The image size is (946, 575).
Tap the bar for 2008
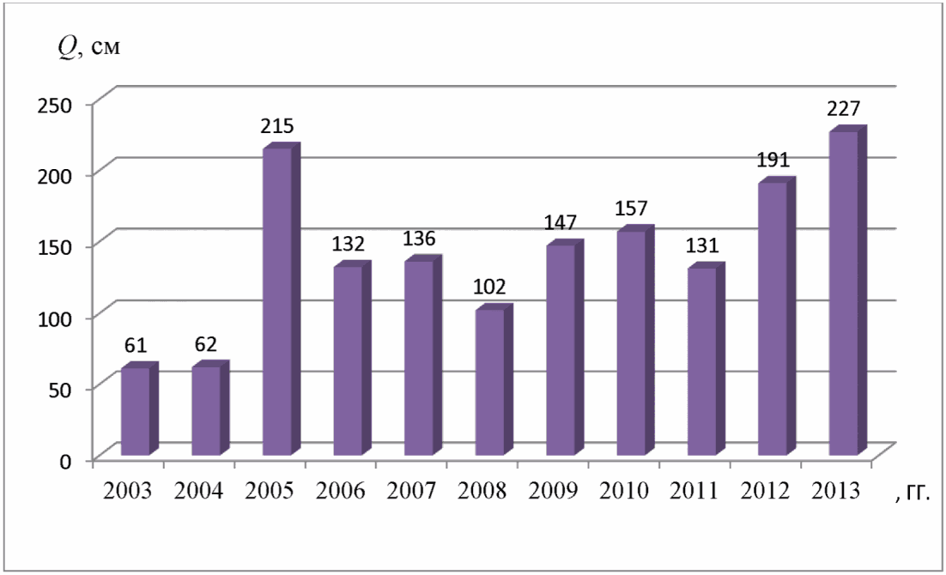click(x=494, y=380)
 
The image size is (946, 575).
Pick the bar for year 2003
click(x=139, y=409)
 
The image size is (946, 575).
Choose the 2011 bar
click(x=706, y=359)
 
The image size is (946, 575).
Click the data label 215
click(x=277, y=126)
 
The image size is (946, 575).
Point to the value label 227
click(x=843, y=109)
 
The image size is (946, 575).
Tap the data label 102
click(x=489, y=286)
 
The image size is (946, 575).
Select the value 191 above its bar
click(x=773, y=160)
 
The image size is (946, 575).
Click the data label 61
click(x=136, y=345)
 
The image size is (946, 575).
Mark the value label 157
click(x=631, y=209)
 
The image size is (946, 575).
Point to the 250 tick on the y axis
click(x=55, y=105)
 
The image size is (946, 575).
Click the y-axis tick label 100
click(x=55, y=318)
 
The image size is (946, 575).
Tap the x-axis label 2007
click(x=411, y=491)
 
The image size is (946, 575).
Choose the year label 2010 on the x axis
click(x=624, y=491)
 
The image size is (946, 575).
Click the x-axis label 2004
click(x=198, y=491)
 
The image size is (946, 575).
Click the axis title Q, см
click(x=88, y=46)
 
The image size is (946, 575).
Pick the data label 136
click(x=419, y=239)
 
